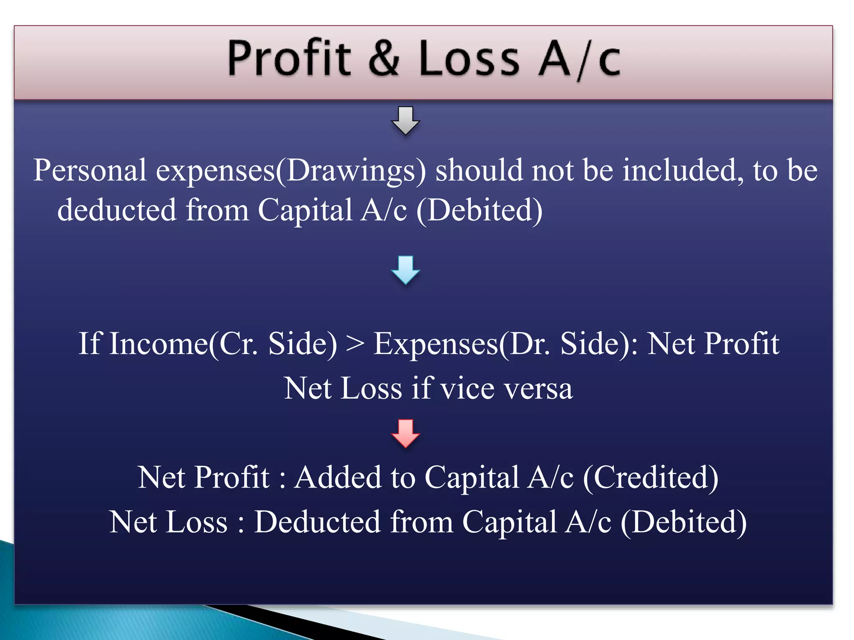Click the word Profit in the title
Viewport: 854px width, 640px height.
289,58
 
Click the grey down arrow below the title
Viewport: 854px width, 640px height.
405,120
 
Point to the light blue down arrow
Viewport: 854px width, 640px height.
405,270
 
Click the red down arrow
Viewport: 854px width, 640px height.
405,433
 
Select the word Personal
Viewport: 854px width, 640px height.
90,170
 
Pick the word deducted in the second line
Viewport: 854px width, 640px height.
117,210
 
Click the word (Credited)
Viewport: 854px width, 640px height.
651,477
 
